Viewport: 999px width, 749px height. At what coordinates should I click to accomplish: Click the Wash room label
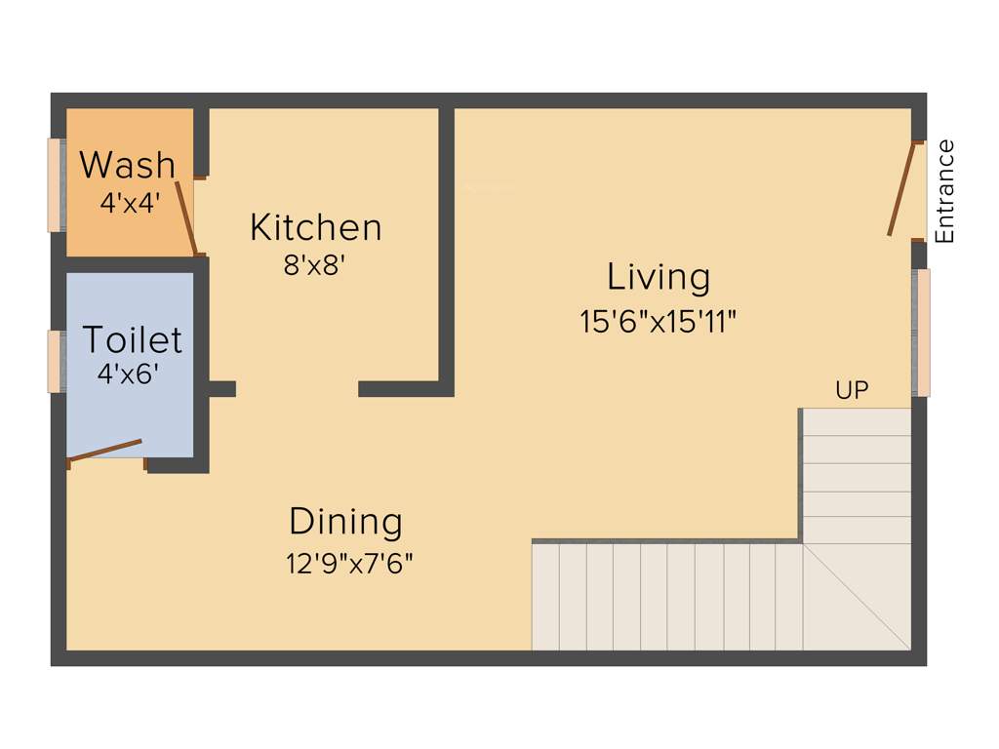tap(128, 166)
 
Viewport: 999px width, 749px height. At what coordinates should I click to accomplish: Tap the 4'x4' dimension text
tap(129, 203)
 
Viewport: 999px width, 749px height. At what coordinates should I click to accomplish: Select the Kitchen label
tap(315, 227)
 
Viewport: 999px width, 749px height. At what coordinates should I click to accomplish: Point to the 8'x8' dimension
tap(315, 265)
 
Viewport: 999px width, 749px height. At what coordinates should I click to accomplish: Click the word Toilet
tap(133, 339)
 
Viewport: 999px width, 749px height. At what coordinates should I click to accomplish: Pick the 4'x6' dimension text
tap(128, 374)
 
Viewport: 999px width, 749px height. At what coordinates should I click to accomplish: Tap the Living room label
tap(659, 277)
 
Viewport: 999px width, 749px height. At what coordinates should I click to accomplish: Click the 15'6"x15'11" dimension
tap(658, 322)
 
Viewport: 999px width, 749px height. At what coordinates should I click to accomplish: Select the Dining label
tap(345, 522)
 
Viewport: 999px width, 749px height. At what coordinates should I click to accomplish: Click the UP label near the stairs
tap(852, 391)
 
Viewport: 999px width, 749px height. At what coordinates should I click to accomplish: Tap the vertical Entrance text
tap(944, 191)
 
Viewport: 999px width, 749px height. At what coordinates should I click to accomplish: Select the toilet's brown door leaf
tap(105, 451)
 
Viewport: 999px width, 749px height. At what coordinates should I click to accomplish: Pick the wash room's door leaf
tap(186, 217)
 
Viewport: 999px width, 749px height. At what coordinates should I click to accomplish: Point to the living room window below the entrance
tap(921, 333)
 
